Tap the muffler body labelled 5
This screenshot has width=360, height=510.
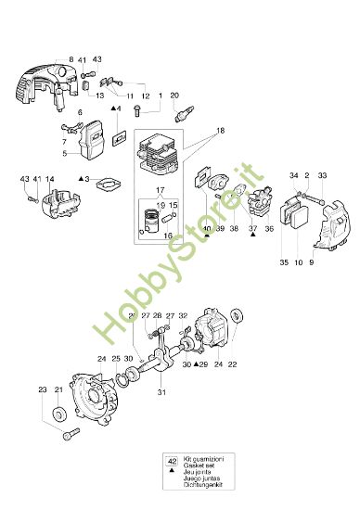coord(89,149)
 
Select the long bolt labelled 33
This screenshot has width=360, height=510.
coord(309,194)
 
